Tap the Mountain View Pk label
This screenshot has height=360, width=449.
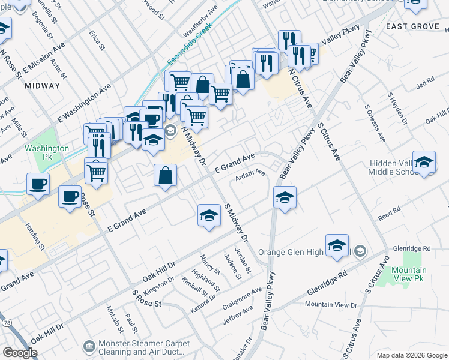pyautogui.click(x=409, y=275)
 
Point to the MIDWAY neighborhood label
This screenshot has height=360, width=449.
pyautogui.click(x=43, y=86)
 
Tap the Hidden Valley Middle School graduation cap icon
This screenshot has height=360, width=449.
pyautogui.click(x=424, y=163)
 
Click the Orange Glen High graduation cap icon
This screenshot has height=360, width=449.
pyautogui.click(x=337, y=245)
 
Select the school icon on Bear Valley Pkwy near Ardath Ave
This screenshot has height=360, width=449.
pyautogui.click(x=285, y=196)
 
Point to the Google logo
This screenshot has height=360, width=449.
pyautogui.click(x=20, y=353)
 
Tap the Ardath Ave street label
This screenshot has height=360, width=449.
pyautogui.click(x=250, y=173)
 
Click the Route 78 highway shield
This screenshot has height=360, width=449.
pyautogui.click(x=5, y=323)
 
